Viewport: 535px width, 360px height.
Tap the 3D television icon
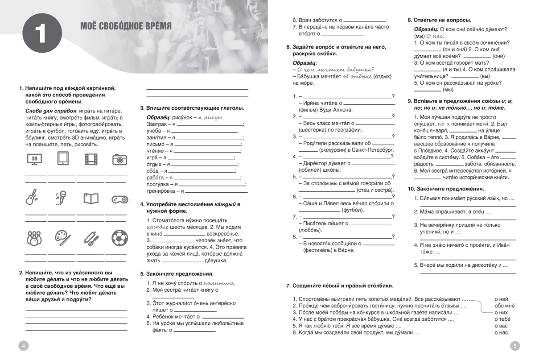pyautogui.click(x=35, y=159)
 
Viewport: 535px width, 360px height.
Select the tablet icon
pyautogui.click(x=63, y=159)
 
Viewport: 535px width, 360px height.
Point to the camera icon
pyautogui.click(x=119, y=159)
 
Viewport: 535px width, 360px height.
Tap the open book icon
pyautogui.click(x=91, y=198)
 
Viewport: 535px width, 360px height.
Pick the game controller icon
pyautogui.click(x=119, y=199)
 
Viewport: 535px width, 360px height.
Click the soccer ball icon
pyautogui.click(x=119, y=238)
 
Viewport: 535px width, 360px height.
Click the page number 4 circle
pyautogui.click(x=24, y=345)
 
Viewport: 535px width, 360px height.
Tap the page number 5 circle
pyautogui.click(x=514, y=345)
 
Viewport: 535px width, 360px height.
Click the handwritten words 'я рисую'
pyautogui.click(x=210, y=117)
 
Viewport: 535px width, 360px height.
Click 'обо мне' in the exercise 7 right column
pyautogui.click(x=504, y=306)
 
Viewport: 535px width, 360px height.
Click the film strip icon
pyautogui.click(x=91, y=159)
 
